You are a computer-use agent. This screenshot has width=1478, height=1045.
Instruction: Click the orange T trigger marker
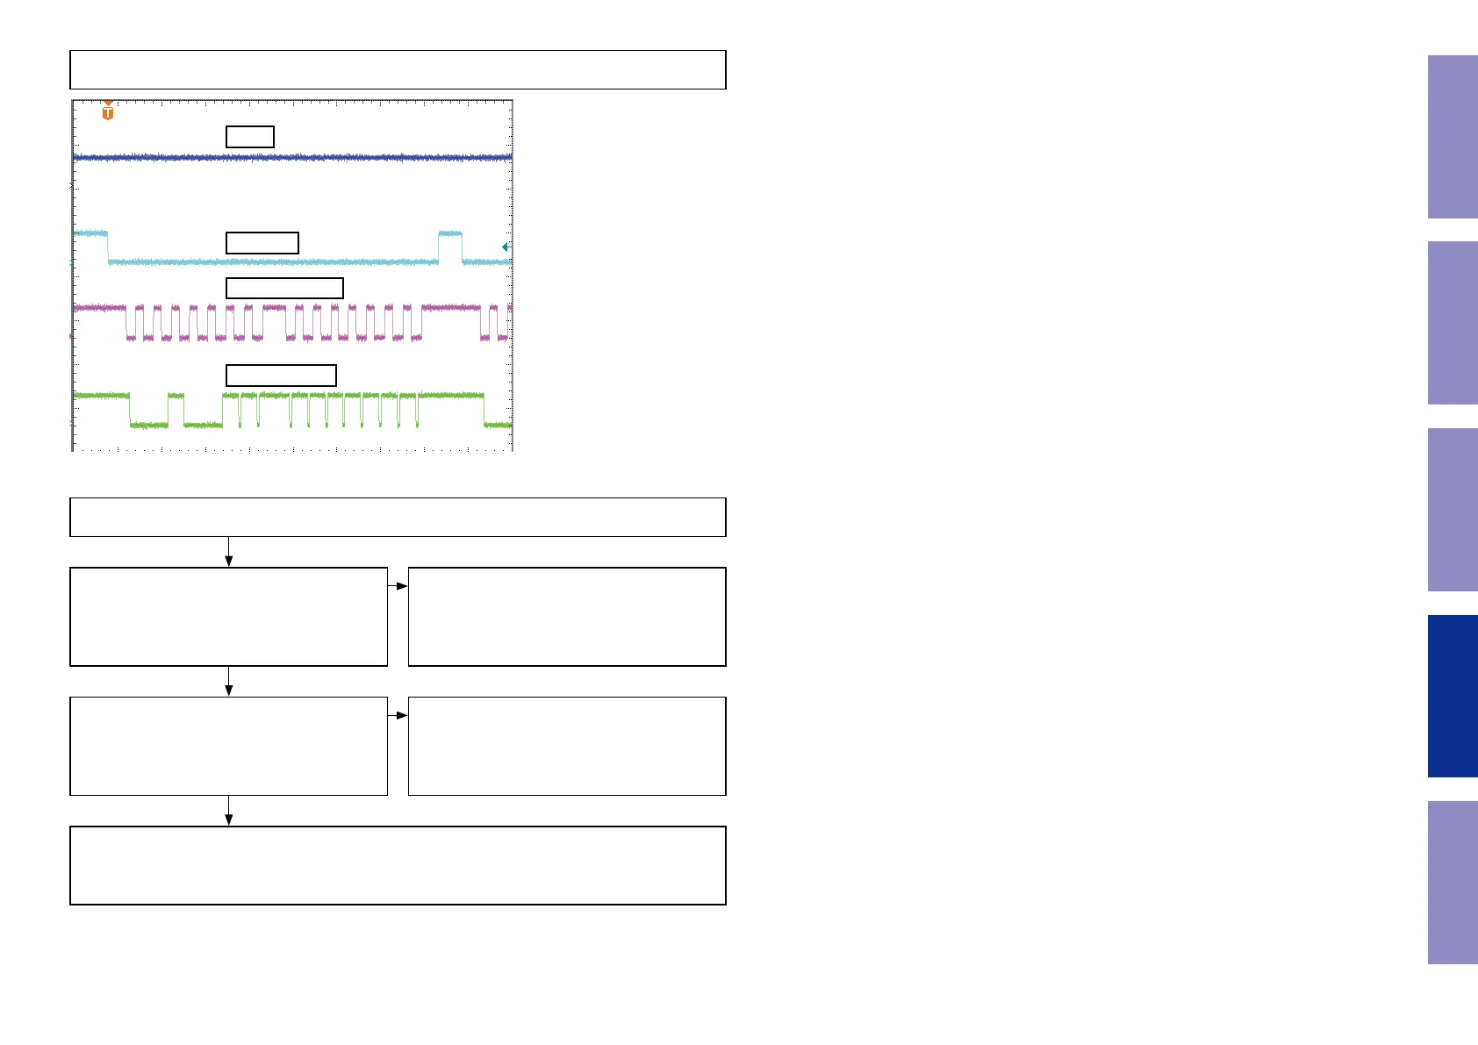pyautogui.click(x=108, y=111)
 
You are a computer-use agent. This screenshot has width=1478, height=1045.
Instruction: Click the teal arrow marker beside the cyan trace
pyautogui.click(x=505, y=247)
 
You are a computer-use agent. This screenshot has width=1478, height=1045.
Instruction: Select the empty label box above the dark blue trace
pyautogui.click(x=250, y=137)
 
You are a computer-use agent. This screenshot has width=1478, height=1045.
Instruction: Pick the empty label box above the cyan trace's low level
pyautogui.click(x=262, y=243)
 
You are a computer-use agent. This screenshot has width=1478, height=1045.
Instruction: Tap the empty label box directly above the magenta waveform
pyautogui.click(x=284, y=288)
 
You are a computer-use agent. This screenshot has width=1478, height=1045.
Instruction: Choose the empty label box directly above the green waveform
pyautogui.click(x=281, y=376)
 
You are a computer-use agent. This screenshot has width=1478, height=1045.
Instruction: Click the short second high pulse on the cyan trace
pyautogui.click(x=450, y=233)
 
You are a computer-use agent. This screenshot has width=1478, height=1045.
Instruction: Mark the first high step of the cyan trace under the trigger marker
pyautogui.click(x=91, y=233)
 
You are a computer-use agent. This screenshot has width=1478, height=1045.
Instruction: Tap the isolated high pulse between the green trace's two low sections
pyautogui.click(x=176, y=397)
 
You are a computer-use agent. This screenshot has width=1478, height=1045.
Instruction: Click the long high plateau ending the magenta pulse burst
pyautogui.click(x=451, y=308)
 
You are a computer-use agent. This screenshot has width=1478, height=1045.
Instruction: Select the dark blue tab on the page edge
pyautogui.click(x=1453, y=696)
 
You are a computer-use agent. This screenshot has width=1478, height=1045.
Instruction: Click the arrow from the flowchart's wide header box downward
pyautogui.click(x=229, y=552)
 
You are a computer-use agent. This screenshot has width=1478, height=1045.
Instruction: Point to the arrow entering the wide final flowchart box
pyautogui.click(x=229, y=811)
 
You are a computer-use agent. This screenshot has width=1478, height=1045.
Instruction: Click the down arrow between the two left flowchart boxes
pyautogui.click(x=229, y=681)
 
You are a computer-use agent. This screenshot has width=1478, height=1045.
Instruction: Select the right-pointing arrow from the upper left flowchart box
pyautogui.click(x=398, y=586)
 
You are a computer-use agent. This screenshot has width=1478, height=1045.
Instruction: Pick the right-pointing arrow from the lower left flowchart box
pyautogui.click(x=398, y=716)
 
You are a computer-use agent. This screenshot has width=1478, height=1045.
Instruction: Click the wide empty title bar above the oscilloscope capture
pyautogui.click(x=398, y=70)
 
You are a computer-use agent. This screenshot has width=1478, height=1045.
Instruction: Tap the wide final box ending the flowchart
pyautogui.click(x=398, y=865)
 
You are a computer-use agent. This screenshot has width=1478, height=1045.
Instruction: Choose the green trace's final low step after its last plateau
pyautogui.click(x=498, y=425)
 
